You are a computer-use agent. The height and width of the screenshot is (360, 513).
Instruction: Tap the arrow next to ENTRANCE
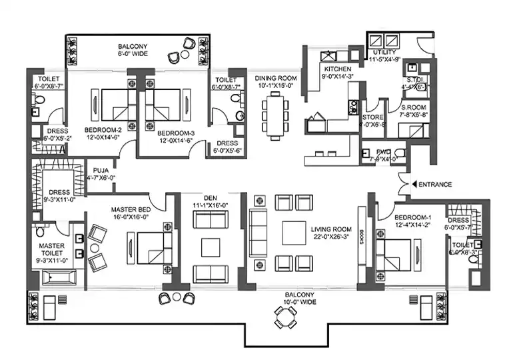coord(415,184)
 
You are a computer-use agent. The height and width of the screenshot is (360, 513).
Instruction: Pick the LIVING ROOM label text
coord(331,231)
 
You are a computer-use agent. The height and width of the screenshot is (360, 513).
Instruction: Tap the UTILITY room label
coord(385,52)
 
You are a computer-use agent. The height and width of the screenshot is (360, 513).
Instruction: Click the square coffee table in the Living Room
coord(294,233)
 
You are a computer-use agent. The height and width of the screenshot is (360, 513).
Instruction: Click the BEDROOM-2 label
coord(103,130)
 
